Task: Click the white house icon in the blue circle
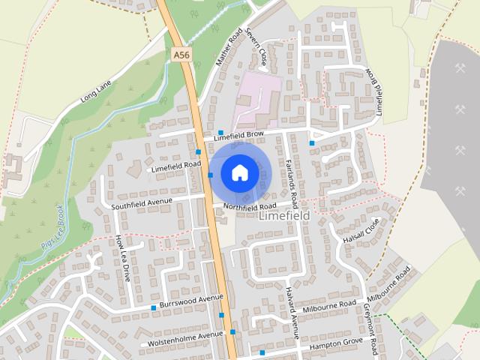239,172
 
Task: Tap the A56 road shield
180,55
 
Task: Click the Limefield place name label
283,215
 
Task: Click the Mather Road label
227,46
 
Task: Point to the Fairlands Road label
292,183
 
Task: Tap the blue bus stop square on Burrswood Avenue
154,307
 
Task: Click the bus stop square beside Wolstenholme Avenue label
232,331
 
